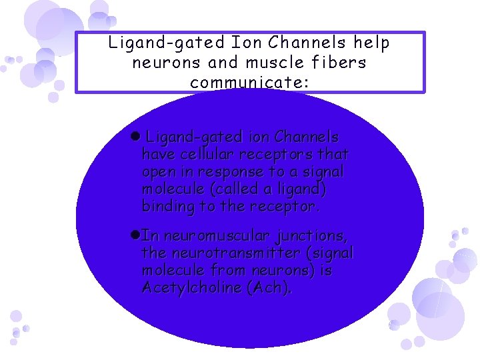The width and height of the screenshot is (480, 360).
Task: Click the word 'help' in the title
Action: click(x=372, y=43)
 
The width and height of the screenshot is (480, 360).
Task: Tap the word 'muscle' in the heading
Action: click(x=290, y=63)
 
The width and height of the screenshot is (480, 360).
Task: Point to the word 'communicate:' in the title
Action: click(x=244, y=83)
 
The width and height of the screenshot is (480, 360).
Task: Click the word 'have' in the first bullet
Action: click(x=157, y=155)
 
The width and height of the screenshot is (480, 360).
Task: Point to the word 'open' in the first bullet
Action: click(x=158, y=172)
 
